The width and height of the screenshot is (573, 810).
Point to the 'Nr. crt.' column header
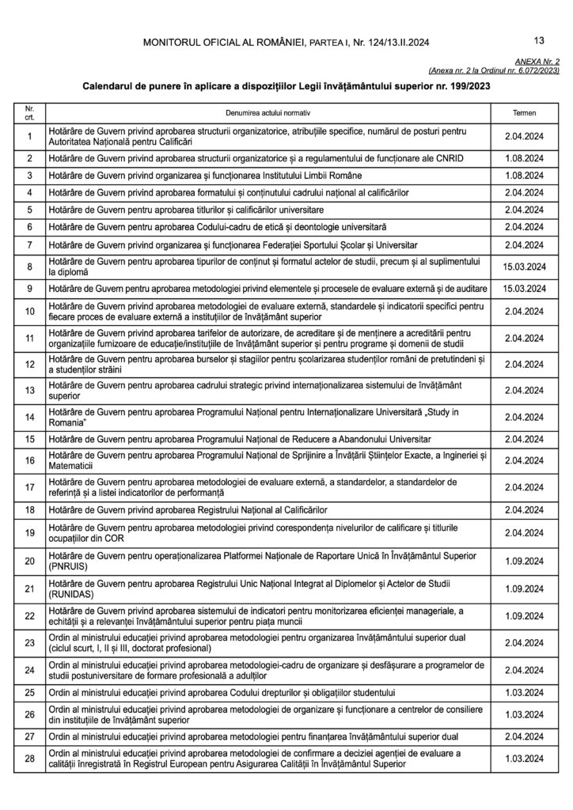[x=29, y=113]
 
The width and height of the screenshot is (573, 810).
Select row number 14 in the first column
[x=29, y=417]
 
